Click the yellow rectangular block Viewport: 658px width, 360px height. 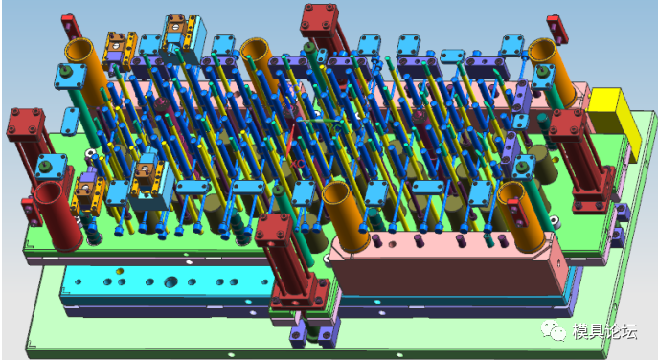tap(614, 122)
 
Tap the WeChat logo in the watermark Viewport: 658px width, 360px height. tap(553, 329)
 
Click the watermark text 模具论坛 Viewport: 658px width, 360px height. tap(604, 331)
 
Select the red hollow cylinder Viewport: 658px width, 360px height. tap(57, 215)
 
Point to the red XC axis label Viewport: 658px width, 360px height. tap(298, 164)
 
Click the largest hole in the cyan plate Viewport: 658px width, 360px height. tap(170, 281)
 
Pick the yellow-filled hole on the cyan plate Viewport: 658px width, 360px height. tap(120, 271)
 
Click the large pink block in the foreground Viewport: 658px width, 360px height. tap(449, 263)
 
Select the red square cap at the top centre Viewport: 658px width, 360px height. tap(319, 20)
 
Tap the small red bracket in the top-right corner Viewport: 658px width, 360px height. tap(557, 30)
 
